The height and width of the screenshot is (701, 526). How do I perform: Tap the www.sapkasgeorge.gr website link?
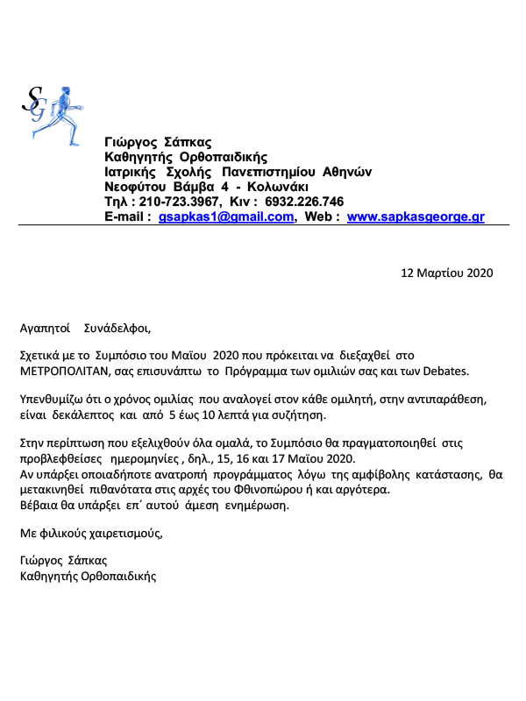(416, 217)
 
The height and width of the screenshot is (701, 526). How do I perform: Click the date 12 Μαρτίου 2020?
(447, 272)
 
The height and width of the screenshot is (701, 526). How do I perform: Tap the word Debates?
(445, 371)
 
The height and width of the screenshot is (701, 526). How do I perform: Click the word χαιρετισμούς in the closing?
(122, 533)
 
